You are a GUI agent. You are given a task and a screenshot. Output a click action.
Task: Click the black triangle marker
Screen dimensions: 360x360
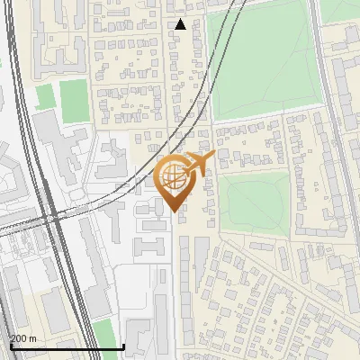[x=180, y=24]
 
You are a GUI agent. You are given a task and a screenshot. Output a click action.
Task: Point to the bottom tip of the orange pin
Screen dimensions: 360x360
[x=173, y=211]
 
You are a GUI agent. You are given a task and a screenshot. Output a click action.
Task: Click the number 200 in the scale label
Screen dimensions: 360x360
[x=18, y=338]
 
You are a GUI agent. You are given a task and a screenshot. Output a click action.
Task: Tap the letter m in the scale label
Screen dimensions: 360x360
[x=32, y=338]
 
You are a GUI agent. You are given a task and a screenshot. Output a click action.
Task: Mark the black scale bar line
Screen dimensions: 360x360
[x=67, y=346]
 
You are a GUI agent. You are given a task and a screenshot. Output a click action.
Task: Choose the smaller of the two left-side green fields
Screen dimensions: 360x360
[x=45, y=97]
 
